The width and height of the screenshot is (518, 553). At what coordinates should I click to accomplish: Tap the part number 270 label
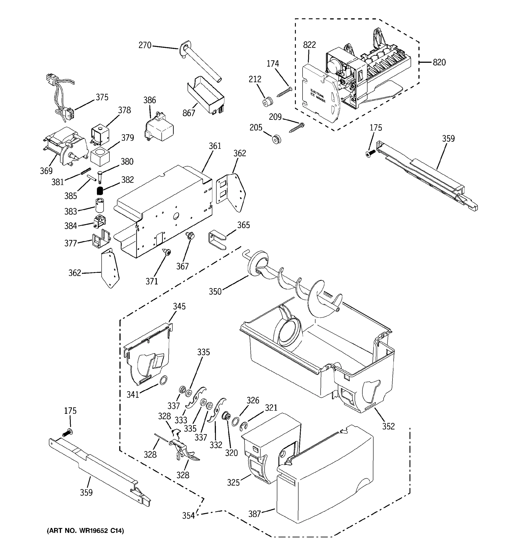pos(145,45)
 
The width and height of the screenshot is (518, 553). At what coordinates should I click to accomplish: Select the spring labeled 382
pos(100,191)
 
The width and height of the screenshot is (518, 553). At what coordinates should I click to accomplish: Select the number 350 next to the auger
pos(215,291)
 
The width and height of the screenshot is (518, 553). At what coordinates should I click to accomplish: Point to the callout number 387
pos(255,514)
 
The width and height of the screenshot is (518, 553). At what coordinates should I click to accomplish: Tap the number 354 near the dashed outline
pos(188,516)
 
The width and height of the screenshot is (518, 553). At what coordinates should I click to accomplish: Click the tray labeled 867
pos(206,95)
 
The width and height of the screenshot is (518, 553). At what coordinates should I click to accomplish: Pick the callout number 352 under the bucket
pos(388,426)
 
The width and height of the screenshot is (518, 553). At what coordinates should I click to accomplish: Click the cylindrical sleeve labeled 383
pos(99,205)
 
